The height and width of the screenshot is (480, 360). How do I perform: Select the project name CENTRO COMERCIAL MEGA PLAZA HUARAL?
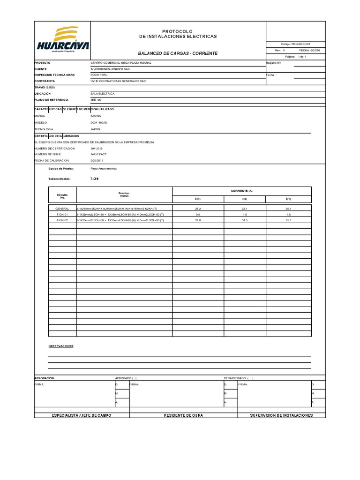click(x=117, y=62)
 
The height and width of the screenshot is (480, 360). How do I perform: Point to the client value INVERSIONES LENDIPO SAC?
click(x=110, y=68)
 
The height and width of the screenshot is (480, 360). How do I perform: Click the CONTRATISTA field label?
click(x=45, y=81)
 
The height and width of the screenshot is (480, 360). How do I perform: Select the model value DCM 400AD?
click(x=99, y=122)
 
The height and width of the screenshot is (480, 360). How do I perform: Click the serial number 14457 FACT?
click(x=98, y=154)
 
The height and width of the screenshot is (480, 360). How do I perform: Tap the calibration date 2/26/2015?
click(x=97, y=160)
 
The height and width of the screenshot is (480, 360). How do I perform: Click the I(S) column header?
click(x=244, y=199)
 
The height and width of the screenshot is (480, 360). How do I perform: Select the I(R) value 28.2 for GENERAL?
click(x=198, y=209)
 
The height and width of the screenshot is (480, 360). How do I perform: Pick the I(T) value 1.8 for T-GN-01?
click(x=288, y=214)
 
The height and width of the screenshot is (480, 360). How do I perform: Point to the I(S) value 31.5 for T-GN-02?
click(x=244, y=220)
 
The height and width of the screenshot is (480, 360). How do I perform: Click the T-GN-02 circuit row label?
click(x=62, y=220)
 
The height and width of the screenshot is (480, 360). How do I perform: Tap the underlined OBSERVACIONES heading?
click(x=61, y=346)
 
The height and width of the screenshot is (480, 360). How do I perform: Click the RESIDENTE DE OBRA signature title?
click(x=183, y=415)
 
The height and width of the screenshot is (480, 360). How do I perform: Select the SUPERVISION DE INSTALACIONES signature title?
click(x=281, y=415)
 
